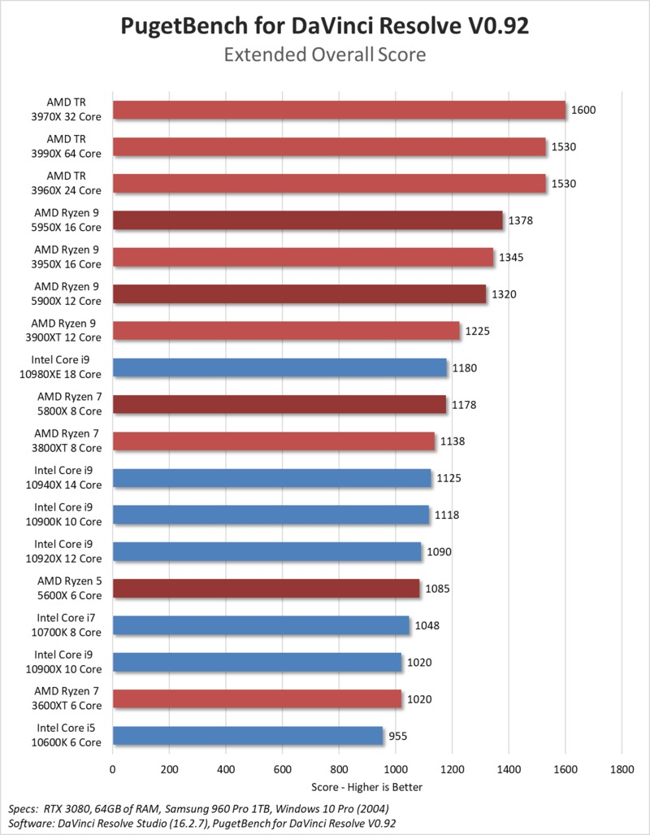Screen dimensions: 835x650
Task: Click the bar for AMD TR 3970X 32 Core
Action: point(339,110)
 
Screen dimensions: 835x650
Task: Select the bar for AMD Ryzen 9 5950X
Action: point(308,220)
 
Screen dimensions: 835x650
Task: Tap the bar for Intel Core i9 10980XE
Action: point(279,367)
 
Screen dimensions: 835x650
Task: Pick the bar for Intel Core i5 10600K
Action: point(248,736)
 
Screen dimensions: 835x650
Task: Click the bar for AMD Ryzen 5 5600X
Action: point(266,589)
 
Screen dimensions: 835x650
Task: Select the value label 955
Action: point(399,737)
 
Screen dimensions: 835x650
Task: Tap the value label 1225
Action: point(477,331)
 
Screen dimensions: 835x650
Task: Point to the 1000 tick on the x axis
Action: point(396,768)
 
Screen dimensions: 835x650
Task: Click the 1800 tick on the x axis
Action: point(622,768)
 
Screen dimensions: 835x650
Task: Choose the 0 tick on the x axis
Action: point(113,768)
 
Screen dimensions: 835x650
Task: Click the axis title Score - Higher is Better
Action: point(366,787)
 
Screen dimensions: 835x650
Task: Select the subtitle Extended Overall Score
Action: point(325,55)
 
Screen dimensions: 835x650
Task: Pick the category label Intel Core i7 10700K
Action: point(69,625)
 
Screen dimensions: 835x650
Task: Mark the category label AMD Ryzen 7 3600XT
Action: point(67,699)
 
